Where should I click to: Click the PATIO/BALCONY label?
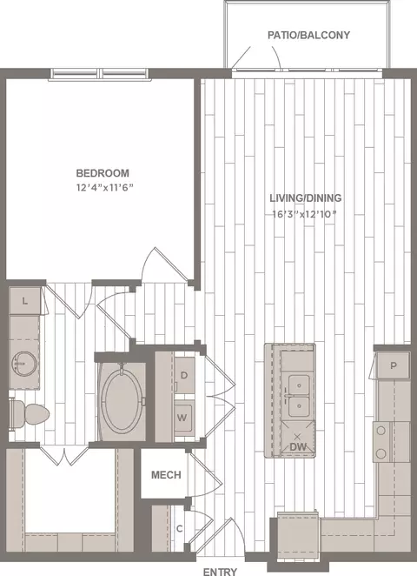(x=308, y=36)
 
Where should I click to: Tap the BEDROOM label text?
(x=103, y=173)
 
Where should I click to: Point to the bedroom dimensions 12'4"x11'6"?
(x=104, y=188)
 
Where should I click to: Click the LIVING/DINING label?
(x=306, y=198)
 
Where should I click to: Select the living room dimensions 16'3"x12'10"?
(x=304, y=214)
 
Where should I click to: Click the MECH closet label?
(x=166, y=475)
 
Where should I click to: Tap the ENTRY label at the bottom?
(x=220, y=572)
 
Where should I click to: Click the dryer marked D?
(x=184, y=375)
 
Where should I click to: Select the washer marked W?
(x=182, y=418)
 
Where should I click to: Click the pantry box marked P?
(x=394, y=365)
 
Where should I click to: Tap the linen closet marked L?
(x=24, y=301)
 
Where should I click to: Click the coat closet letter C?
(x=179, y=529)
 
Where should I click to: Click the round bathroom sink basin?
(x=24, y=364)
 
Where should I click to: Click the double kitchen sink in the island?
(x=299, y=396)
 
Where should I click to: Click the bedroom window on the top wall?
(x=99, y=73)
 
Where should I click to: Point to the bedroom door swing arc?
(x=147, y=262)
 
